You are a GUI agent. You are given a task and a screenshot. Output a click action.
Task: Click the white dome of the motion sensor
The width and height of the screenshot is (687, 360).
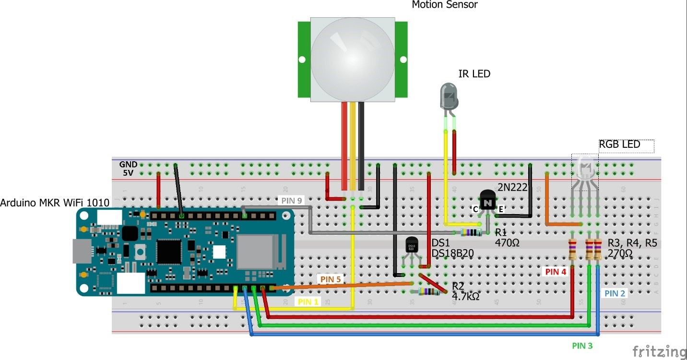point(353,54)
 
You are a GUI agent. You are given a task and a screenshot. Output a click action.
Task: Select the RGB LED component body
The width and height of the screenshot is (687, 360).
point(585,168)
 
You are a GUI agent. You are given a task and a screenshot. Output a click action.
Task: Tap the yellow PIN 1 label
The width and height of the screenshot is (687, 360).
point(308,302)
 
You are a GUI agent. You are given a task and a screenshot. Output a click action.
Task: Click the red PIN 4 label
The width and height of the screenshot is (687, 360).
point(556,272)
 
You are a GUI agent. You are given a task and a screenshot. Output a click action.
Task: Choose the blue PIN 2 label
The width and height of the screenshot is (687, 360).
point(615,293)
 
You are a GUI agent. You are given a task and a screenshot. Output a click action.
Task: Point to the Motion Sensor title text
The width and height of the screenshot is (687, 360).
point(445,5)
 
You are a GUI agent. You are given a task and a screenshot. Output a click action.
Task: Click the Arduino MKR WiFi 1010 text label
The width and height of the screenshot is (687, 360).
point(55,203)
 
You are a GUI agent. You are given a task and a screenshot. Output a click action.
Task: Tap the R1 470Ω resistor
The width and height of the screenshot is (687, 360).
point(472,233)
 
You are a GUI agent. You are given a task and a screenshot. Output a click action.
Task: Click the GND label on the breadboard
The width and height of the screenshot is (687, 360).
point(128,164)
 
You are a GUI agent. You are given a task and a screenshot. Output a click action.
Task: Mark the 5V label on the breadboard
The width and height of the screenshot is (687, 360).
point(128,173)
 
